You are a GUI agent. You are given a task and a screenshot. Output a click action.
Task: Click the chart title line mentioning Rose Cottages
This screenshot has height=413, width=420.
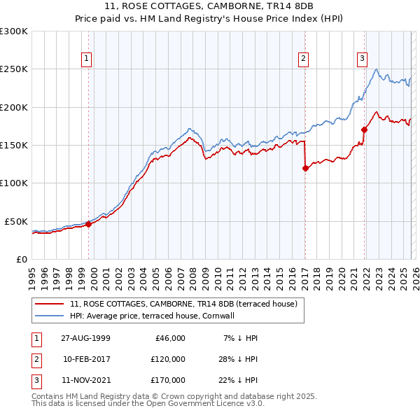209,6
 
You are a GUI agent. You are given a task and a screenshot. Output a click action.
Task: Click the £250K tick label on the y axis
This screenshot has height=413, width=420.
14,69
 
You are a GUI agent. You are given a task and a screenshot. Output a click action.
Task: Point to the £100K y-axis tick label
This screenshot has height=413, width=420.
14,183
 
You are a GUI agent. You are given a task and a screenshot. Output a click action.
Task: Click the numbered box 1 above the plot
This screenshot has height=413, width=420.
87,59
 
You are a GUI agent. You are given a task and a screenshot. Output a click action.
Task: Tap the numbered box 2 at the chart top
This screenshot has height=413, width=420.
304,59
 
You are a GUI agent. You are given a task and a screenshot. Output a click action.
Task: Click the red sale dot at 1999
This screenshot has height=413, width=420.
89,224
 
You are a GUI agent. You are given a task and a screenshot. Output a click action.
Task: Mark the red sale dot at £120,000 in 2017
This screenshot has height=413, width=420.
305,168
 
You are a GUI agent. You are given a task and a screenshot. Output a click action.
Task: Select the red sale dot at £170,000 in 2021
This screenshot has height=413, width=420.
365,129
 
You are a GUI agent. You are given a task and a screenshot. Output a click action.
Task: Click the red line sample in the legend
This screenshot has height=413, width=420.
50,304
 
